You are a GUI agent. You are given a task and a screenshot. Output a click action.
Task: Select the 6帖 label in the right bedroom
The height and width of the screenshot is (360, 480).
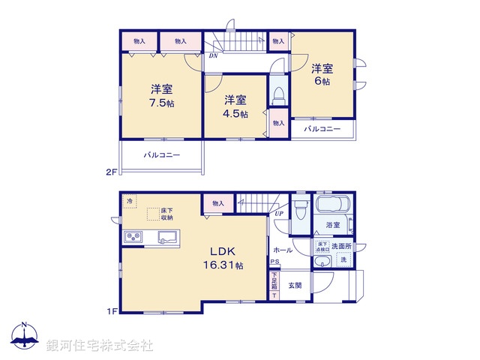322,81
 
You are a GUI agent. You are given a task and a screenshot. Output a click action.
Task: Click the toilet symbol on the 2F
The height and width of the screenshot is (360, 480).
277,94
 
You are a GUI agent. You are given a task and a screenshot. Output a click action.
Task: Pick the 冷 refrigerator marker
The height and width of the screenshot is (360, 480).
130,202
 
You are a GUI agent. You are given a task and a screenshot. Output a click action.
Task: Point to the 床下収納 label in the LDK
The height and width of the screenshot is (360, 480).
166,214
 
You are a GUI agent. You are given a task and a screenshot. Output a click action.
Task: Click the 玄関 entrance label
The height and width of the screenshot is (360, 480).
294,286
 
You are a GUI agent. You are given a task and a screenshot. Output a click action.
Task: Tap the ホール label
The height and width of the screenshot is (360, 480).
282,249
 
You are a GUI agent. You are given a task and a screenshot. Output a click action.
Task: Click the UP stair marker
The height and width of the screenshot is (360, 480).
279,213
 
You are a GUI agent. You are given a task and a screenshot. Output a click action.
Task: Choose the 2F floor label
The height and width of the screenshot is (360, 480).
111,172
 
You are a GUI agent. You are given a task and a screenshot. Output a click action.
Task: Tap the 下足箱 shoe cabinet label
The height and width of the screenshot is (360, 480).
274,283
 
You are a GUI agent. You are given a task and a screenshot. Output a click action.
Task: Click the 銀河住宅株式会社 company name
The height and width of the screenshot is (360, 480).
100,346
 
